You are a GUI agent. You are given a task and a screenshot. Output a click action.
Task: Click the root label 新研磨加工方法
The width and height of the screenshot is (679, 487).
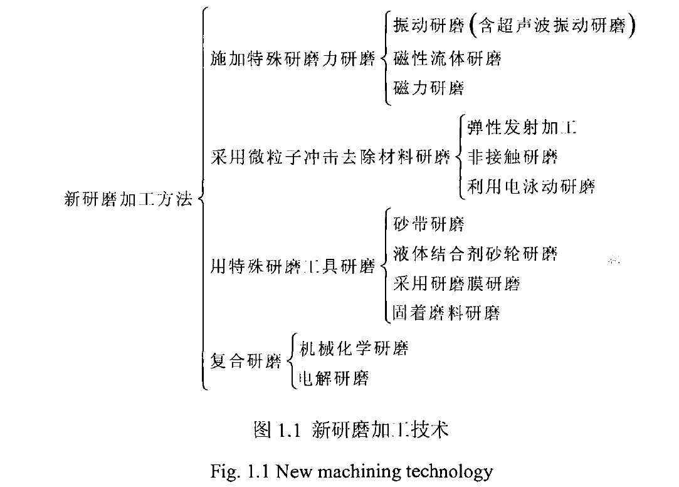(x=128, y=199)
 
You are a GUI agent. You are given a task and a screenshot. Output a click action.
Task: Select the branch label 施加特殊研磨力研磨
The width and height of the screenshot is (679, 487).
(x=293, y=58)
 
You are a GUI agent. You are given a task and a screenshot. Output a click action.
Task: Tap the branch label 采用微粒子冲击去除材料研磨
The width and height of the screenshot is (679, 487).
(x=330, y=157)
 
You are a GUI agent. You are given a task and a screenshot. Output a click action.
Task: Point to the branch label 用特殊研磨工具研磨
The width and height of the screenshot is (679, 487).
(x=293, y=266)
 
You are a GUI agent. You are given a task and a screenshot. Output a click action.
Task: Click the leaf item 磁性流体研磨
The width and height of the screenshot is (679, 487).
(x=447, y=58)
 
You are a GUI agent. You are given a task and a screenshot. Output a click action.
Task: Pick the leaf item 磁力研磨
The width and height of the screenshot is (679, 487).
(x=429, y=88)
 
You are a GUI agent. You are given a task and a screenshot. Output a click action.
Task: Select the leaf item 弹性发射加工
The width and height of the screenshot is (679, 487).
(x=522, y=127)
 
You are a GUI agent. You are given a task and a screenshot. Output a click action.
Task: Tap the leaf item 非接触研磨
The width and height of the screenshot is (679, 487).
(x=513, y=157)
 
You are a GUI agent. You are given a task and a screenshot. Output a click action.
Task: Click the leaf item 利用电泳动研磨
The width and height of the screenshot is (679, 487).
(x=531, y=187)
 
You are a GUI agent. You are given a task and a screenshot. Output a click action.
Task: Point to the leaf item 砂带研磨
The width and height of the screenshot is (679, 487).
(x=429, y=224)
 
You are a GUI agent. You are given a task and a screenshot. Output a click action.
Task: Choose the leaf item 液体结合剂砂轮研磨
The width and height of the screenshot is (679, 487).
(x=475, y=254)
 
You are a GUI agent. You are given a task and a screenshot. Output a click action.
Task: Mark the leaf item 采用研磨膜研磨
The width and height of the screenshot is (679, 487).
(x=457, y=283)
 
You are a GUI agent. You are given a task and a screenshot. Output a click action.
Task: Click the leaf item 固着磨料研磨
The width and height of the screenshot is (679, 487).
(x=446, y=313)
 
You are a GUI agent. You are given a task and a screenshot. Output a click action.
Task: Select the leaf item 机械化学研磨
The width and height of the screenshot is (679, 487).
(x=354, y=348)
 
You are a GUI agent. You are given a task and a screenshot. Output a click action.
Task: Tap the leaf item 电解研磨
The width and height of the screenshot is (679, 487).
(x=334, y=379)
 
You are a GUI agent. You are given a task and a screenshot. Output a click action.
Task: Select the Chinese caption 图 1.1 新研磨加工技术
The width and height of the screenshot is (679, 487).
(x=350, y=430)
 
